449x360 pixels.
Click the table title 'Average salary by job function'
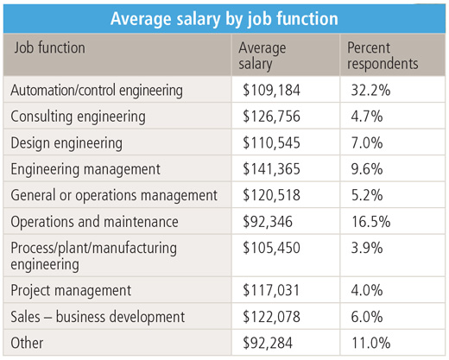click(224, 19)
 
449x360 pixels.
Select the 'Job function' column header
click(50, 47)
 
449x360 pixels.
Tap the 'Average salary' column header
click(262, 56)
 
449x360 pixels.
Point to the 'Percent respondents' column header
click(383, 56)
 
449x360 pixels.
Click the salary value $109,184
click(271, 90)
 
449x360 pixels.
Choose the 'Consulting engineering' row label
click(78, 117)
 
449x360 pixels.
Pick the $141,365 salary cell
click(271, 169)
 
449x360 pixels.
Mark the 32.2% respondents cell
click(370, 90)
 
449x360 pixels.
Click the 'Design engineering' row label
click(66, 143)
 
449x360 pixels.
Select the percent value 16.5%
click(371, 222)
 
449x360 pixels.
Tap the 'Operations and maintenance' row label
click(94, 222)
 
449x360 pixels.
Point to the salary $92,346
click(268, 222)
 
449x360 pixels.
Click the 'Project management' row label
click(71, 290)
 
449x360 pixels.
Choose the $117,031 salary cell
click(271, 290)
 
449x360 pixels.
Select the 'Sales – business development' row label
click(98, 317)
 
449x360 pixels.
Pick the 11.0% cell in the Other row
click(371, 343)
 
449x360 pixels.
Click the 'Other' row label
click(27, 343)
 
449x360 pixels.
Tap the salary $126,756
click(271, 117)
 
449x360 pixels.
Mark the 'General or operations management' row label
click(114, 196)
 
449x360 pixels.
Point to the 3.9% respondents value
click(367, 248)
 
